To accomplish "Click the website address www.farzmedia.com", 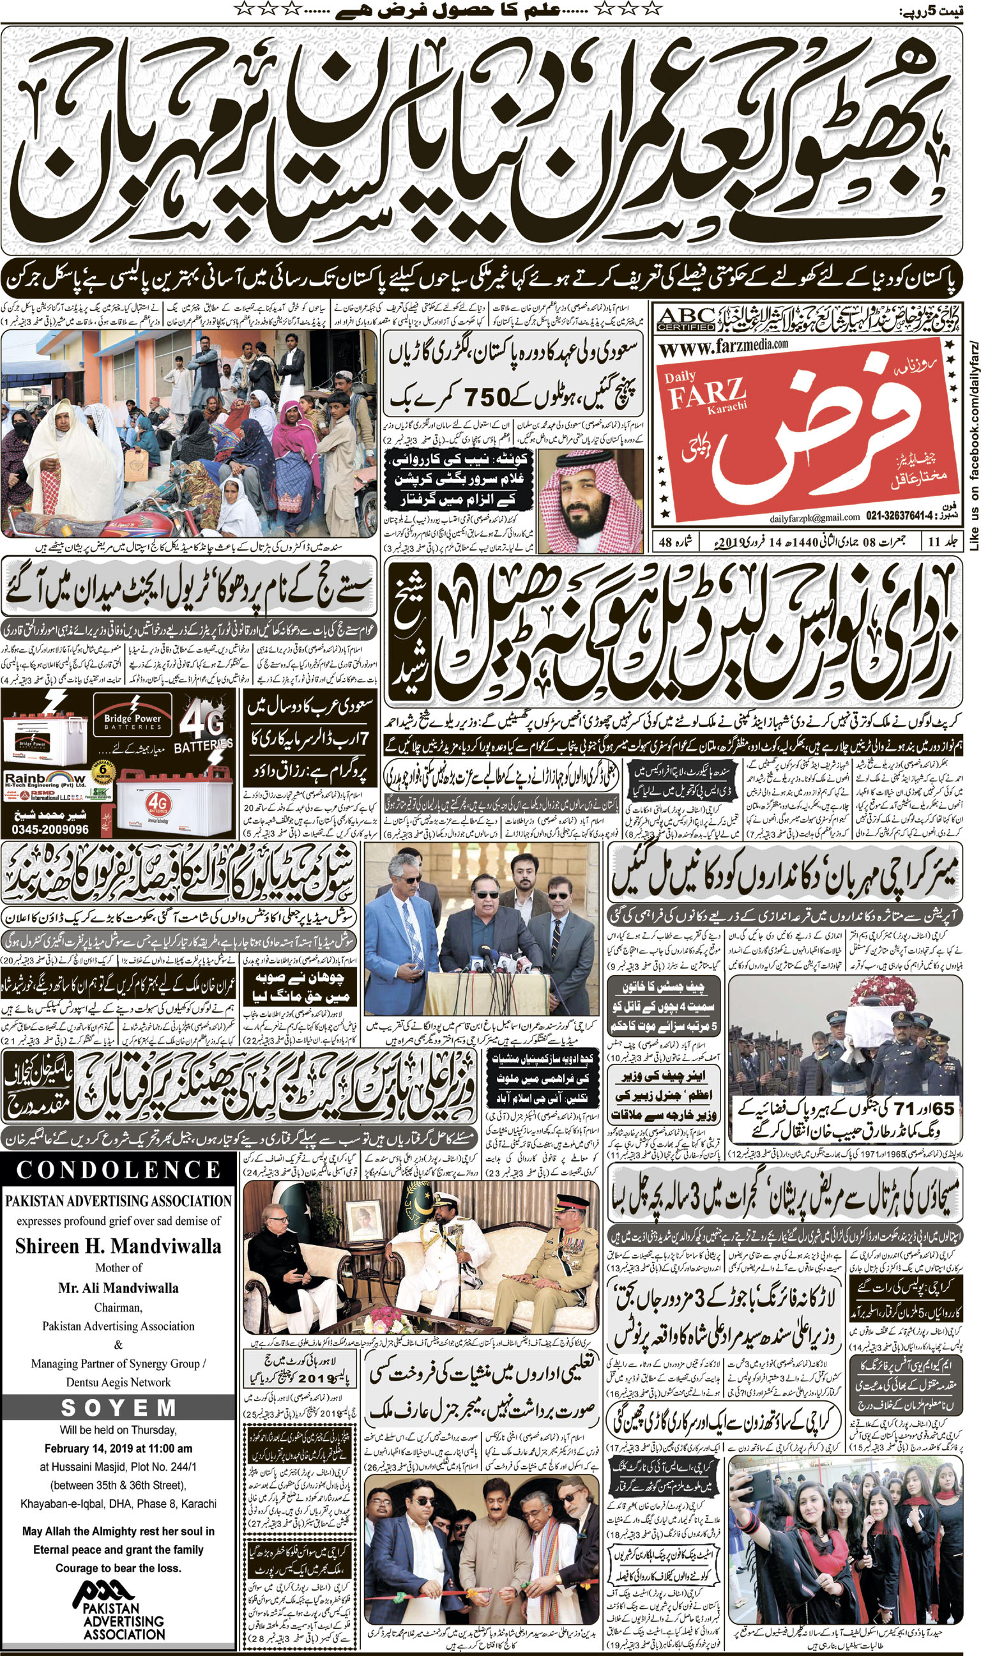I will (x=724, y=346).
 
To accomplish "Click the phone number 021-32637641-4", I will (x=902, y=516).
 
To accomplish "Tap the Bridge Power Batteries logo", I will (x=132, y=721).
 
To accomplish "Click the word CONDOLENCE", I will (x=118, y=1169).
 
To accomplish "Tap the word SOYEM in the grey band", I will (x=118, y=1408).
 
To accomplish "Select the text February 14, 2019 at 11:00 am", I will (x=118, y=1448).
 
